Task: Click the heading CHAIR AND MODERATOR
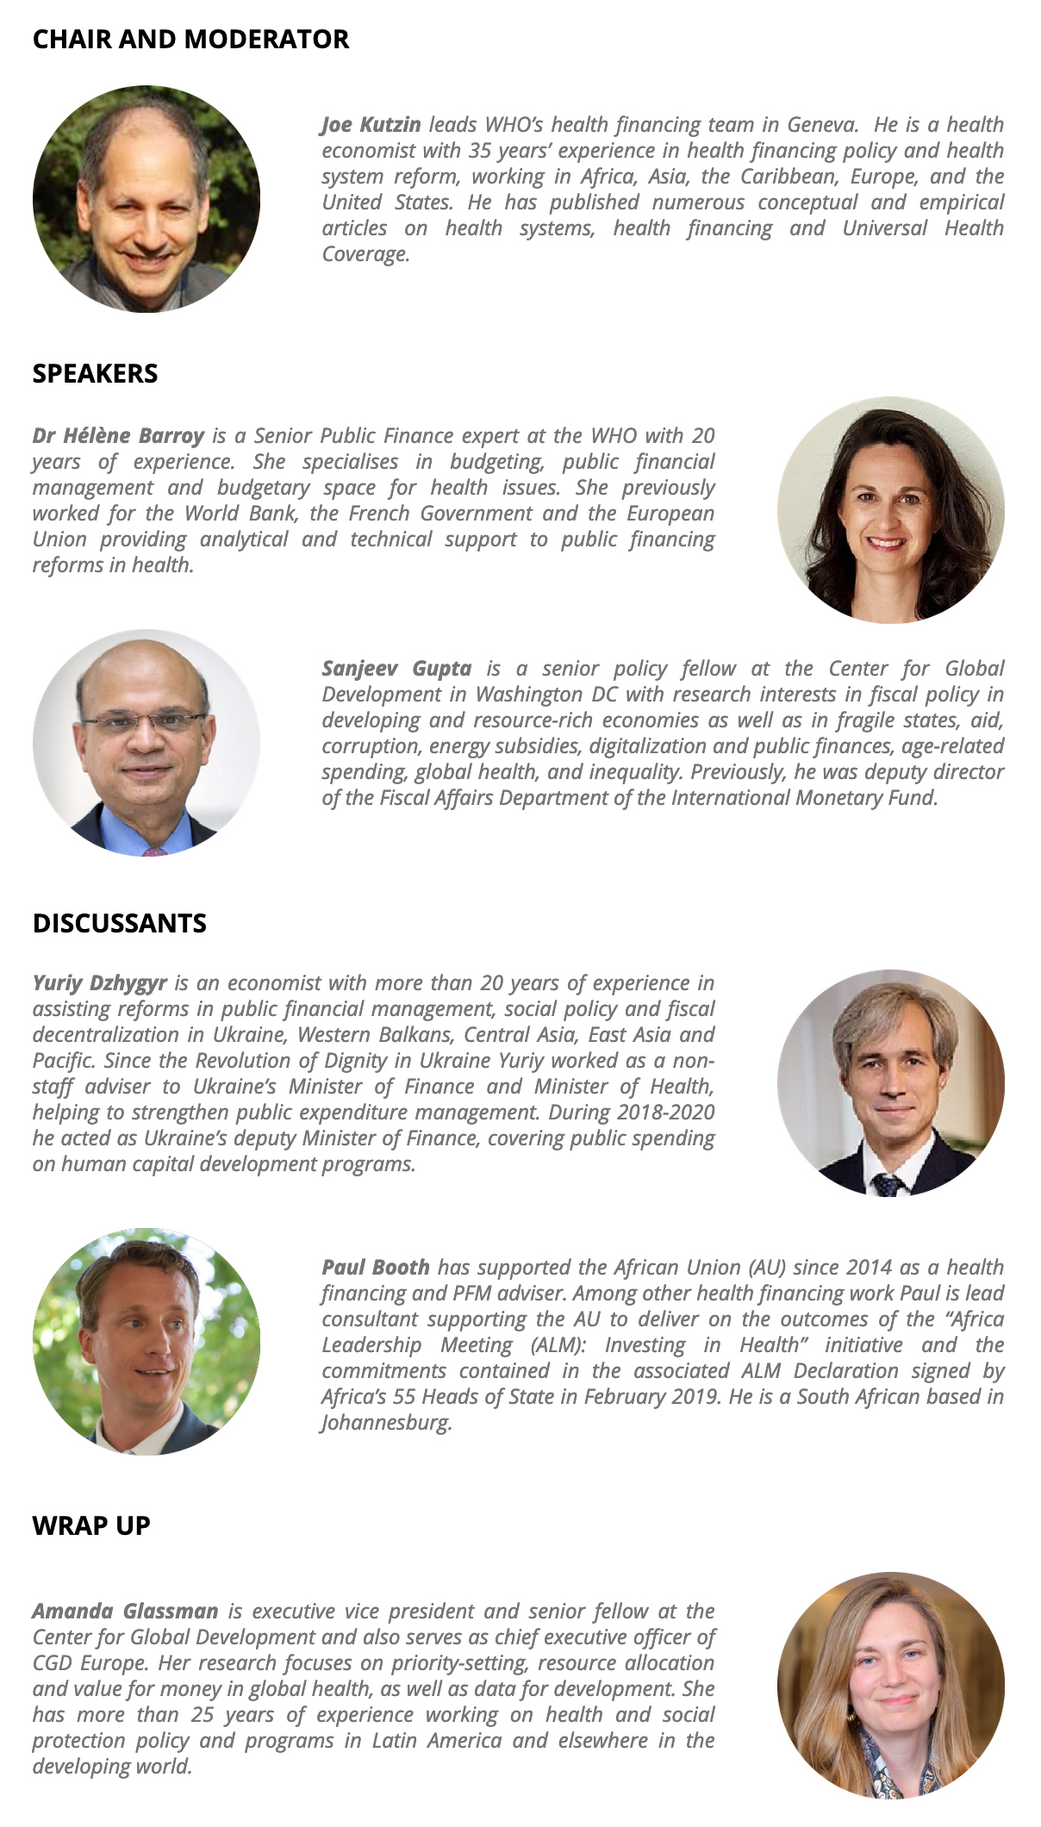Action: [190, 40]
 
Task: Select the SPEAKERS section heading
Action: [95, 373]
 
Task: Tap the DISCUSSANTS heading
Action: [119, 923]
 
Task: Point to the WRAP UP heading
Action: [91, 1525]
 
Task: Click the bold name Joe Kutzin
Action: [371, 125]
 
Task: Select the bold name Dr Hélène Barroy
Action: [118, 436]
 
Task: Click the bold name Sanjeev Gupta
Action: [396, 669]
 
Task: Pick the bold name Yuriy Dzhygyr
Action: [100, 983]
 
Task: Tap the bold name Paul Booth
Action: [376, 1268]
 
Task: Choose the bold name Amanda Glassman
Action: [125, 1612]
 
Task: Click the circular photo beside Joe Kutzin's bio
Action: [146, 199]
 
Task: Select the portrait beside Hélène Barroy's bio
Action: [891, 510]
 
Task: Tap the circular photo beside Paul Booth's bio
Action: [146, 1342]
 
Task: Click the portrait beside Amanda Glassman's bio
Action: [891, 1686]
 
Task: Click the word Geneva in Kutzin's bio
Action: [822, 125]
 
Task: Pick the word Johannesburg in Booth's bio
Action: [387, 1423]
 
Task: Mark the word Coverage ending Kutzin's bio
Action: [365, 255]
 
